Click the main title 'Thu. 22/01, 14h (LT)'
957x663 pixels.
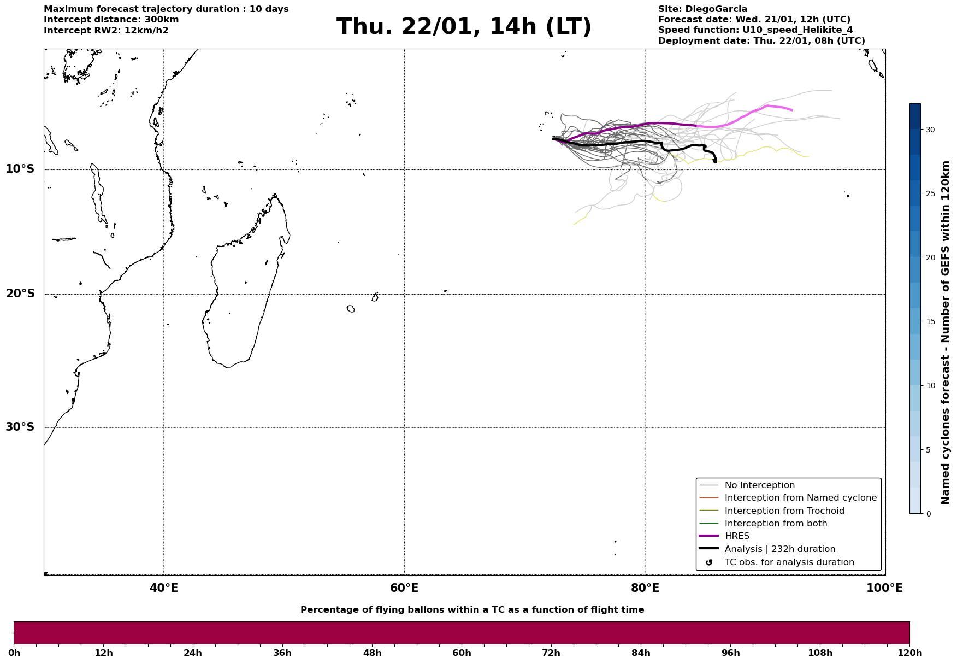[464, 27]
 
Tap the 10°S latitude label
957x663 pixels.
[20, 169]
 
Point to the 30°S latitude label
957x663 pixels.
[20, 427]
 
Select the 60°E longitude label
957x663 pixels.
[404, 589]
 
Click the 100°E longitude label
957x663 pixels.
[884, 589]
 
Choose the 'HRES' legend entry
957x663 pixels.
[737, 536]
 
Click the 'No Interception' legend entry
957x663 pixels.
[759, 485]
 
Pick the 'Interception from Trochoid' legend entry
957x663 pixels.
[784, 511]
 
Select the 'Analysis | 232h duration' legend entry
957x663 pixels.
[779, 549]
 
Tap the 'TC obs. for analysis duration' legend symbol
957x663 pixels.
[709, 562]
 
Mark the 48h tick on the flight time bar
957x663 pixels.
[372, 653]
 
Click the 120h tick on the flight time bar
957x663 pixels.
[909, 653]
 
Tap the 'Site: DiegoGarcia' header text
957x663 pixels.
[702, 9]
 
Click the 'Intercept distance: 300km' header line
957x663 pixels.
[111, 20]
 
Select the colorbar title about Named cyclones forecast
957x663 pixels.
[946, 332]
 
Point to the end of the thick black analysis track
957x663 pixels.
[715, 161]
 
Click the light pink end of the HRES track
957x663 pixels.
[791, 110]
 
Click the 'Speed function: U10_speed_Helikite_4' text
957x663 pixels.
[755, 30]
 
